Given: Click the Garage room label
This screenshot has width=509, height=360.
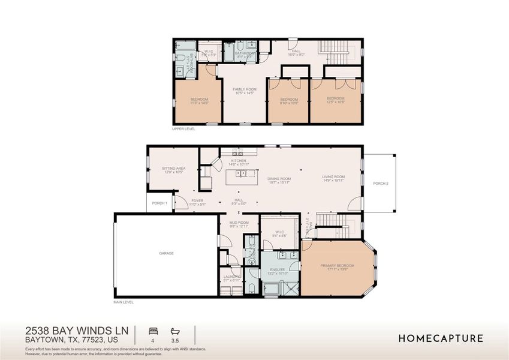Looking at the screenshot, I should pos(166,253).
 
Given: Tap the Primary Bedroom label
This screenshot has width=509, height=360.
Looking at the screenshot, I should pos(337,266).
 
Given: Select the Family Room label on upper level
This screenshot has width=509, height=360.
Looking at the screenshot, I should pos(244,89).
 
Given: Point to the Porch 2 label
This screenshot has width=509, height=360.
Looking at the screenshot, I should pos(381,183).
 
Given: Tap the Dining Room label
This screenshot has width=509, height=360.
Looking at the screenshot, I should pos(279,178).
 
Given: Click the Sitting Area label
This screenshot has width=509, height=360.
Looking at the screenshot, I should pos(175,169).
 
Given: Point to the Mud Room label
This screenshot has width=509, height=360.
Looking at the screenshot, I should pos(239,223).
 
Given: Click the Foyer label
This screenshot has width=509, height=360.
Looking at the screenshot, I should pos(197,201).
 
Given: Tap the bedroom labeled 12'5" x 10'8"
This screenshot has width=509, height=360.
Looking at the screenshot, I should pos(336,98).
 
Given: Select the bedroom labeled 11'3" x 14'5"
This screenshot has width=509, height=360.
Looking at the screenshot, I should pos(199,99).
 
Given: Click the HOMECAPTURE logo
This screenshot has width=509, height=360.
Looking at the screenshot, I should pos(441,338).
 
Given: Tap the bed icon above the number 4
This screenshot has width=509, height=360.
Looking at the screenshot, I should pos(152,331).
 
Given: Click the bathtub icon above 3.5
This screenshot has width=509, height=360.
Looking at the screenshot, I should pos(175,331).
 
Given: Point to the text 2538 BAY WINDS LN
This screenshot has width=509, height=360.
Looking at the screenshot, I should pos(77,331).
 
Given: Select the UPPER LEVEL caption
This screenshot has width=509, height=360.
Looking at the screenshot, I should pos(184,128).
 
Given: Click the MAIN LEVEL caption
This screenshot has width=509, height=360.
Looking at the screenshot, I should pos(124,302).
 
